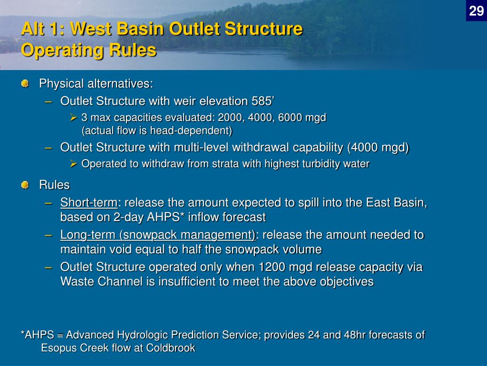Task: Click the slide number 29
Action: click(x=477, y=11)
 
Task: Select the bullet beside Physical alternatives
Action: click(x=25, y=83)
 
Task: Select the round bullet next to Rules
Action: click(x=25, y=185)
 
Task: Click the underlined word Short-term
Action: click(x=89, y=203)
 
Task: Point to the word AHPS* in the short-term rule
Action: click(x=164, y=217)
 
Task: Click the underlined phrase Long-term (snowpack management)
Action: click(x=158, y=235)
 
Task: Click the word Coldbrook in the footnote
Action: click(x=171, y=347)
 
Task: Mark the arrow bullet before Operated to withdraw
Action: click(x=74, y=164)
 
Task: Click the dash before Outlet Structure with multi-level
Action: click(x=49, y=148)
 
